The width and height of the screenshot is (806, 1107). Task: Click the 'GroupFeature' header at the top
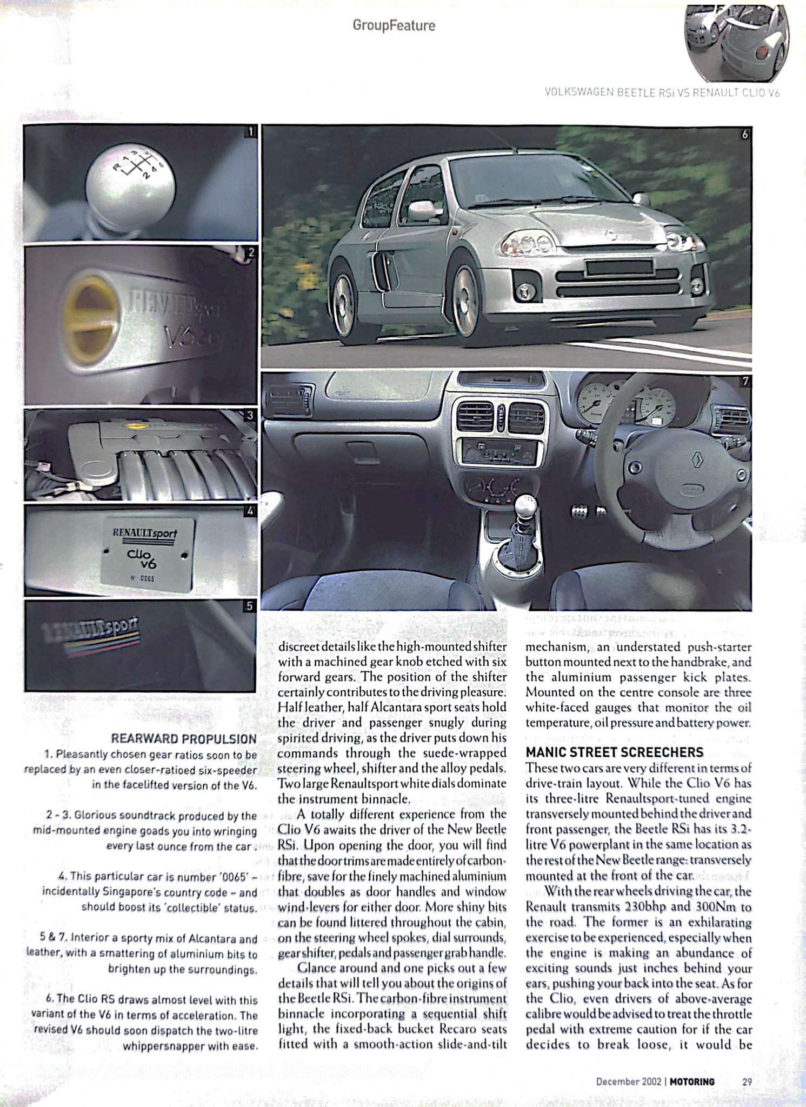394,25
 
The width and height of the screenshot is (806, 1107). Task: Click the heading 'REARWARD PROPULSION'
183,739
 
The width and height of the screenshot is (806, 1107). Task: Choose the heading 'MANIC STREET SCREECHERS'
615,752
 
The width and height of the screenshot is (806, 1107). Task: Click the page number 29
747,1082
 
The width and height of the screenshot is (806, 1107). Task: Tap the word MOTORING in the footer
692,1082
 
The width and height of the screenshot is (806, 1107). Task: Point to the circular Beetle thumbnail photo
736,42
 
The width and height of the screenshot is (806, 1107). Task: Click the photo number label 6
745,134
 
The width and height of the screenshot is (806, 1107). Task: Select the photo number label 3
249,415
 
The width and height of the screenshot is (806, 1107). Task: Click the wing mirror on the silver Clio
423,210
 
